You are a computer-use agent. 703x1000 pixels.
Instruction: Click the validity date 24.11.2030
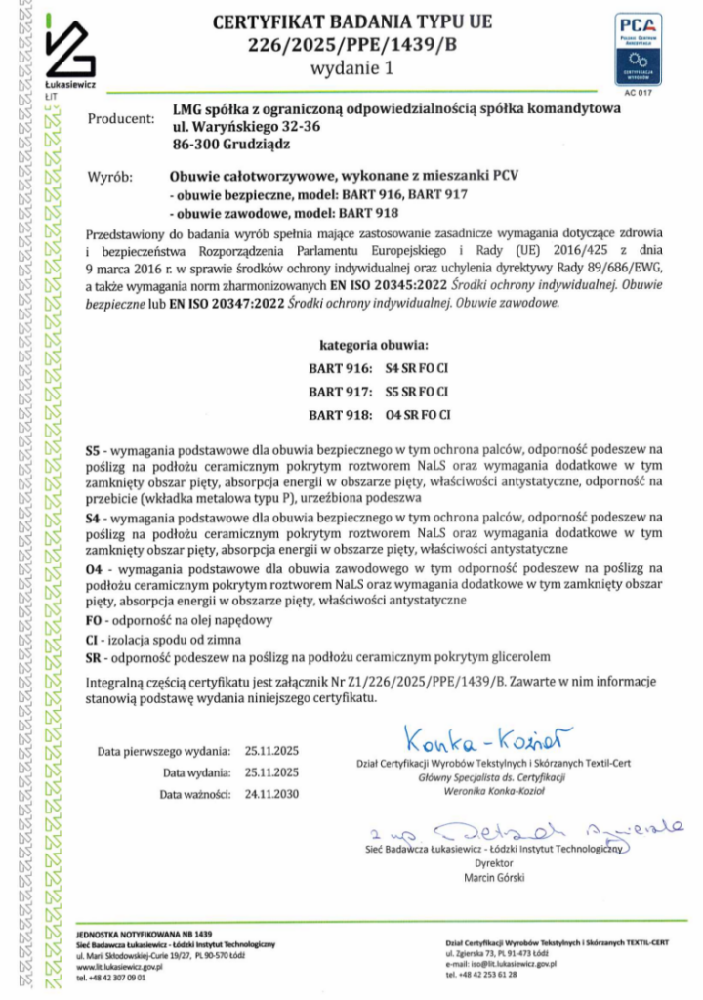(271, 794)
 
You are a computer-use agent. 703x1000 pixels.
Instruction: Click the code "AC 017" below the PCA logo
(636, 94)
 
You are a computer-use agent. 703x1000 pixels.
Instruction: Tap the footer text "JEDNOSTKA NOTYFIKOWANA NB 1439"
(143, 935)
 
